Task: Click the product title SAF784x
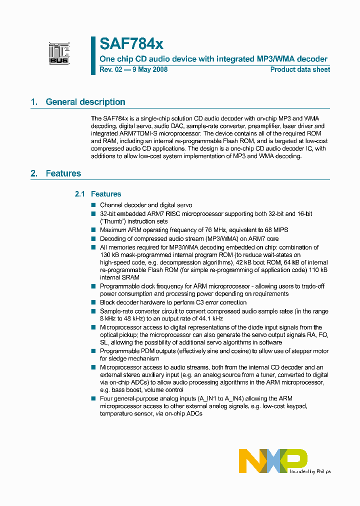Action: click(131, 44)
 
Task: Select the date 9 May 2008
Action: click(148, 69)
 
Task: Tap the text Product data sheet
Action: click(300, 69)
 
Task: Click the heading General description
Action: click(85, 102)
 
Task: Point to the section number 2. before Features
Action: click(34, 173)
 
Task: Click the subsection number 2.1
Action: click(80, 194)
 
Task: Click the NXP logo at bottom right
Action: click(273, 460)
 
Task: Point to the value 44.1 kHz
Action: click(209, 318)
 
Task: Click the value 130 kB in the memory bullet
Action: click(109, 254)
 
